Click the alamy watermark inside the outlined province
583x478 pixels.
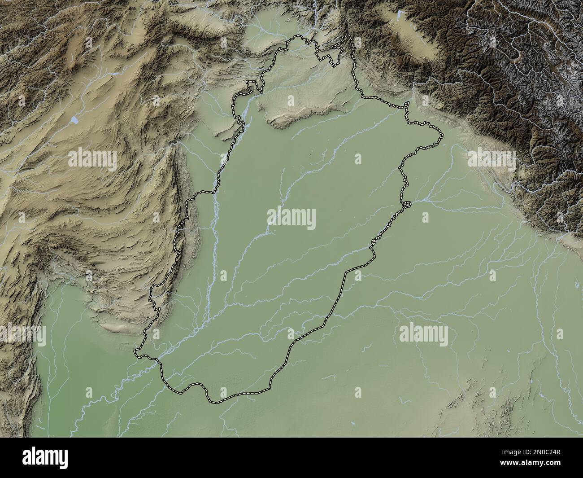click(x=291, y=219)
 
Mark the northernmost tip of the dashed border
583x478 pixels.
click(x=349, y=36)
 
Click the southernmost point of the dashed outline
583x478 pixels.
click(x=217, y=401)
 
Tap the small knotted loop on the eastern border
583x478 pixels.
click(x=407, y=205)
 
